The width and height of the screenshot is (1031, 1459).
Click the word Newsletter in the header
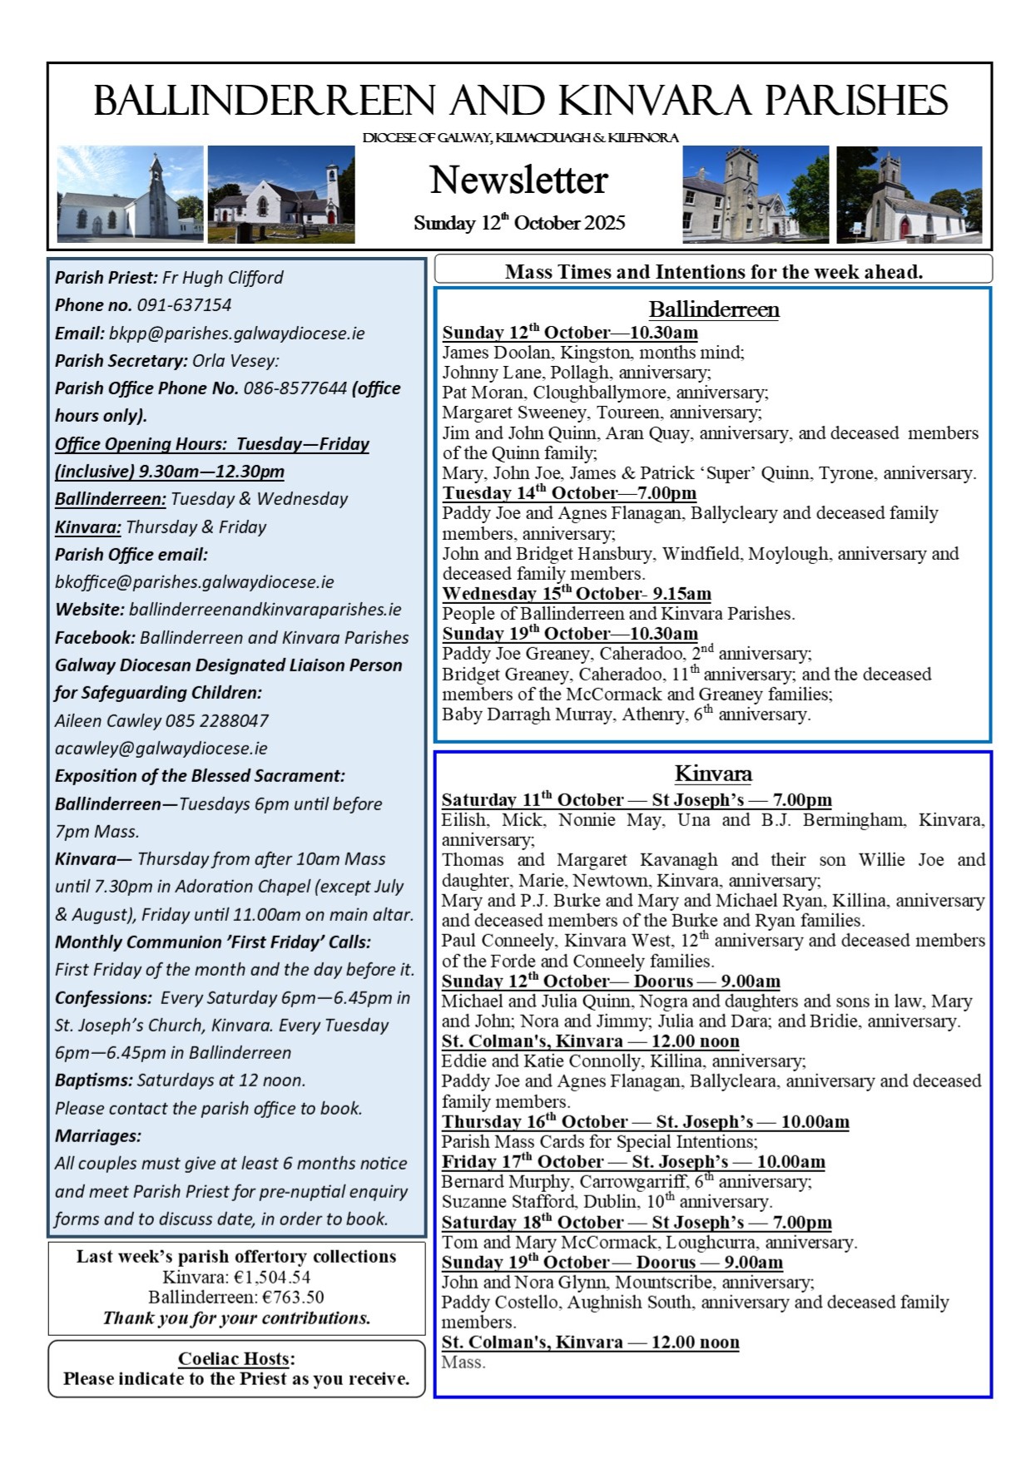(518, 181)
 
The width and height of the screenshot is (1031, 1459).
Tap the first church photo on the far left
(130, 195)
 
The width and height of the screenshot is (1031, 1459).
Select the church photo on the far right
(909, 195)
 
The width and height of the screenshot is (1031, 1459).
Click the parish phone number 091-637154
(184, 305)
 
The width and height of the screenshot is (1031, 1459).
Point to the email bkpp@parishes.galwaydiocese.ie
(236, 334)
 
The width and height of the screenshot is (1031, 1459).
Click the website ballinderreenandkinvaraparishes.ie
(265, 610)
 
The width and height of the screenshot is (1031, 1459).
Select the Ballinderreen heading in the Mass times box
(714, 309)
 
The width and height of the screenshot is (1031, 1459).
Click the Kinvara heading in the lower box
(713, 774)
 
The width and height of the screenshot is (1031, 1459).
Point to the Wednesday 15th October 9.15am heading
(577, 594)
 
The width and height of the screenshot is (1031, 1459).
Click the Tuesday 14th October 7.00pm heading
(569, 492)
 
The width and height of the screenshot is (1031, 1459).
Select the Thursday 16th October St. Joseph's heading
(645, 1121)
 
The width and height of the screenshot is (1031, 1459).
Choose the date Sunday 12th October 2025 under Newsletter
(518, 223)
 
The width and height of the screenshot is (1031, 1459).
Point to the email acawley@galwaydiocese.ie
(161, 749)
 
